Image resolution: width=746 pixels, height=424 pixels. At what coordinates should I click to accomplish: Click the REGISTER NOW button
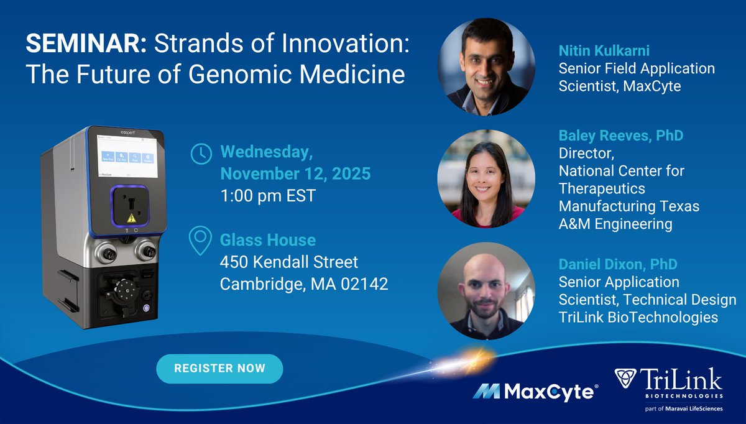point(219,369)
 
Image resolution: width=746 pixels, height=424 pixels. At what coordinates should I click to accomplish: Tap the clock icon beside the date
point(200,154)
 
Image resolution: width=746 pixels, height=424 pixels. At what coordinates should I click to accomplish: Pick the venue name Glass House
point(268,240)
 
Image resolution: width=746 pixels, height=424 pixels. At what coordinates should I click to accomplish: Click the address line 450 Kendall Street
point(289,262)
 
